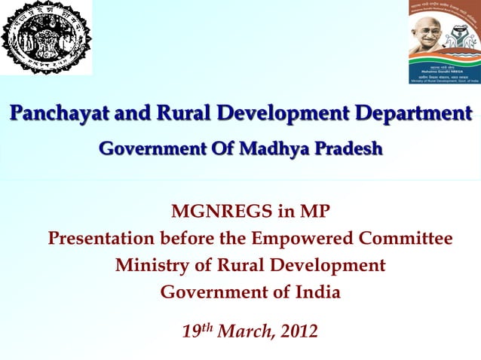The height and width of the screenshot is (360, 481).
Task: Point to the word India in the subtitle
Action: [317, 291]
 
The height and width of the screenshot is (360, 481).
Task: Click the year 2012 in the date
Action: [299, 331]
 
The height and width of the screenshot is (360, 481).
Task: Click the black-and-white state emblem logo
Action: [46, 38]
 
